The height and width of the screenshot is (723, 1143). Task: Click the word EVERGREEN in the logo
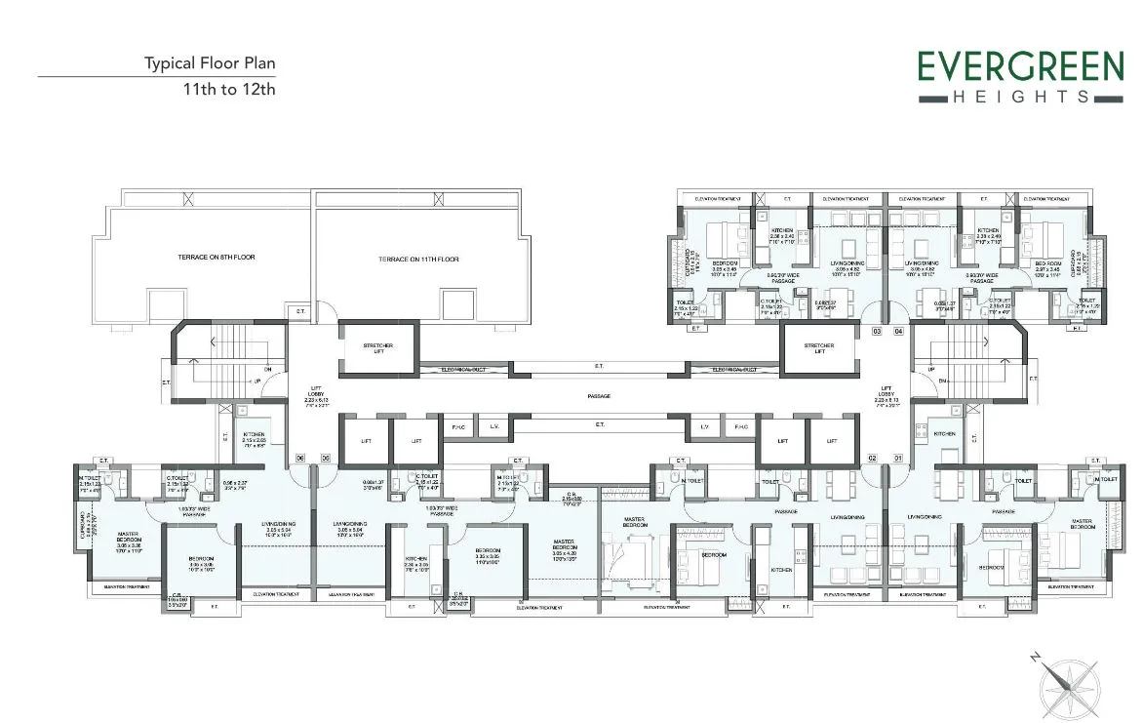1020,67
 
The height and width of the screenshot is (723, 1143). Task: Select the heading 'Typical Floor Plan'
210,63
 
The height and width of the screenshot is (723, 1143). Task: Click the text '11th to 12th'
229,89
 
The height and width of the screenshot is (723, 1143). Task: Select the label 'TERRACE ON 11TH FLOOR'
418,260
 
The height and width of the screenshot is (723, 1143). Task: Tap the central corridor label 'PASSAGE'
600,396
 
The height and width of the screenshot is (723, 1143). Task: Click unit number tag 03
877,333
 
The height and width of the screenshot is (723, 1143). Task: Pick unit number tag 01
897,458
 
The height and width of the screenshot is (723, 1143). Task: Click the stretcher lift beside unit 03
819,347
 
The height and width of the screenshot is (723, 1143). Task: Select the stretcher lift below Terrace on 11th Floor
378,347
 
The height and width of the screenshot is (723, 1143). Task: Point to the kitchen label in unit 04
988,230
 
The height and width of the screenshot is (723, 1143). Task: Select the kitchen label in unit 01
944,433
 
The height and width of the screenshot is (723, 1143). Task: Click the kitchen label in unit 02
781,570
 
